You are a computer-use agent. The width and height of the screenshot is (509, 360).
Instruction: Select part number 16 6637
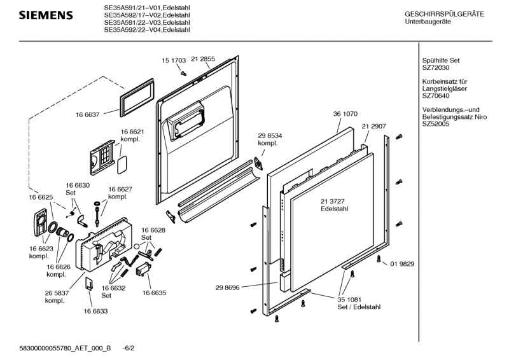pyautogui.click(x=88, y=115)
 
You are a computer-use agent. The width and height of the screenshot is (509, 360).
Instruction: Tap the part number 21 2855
pyautogui.click(x=203, y=59)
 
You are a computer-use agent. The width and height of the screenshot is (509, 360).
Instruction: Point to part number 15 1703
pyautogui.click(x=174, y=61)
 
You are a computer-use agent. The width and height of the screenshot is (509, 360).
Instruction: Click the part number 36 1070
pyautogui.click(x=345, y=114)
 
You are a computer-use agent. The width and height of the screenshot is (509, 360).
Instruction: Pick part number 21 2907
pyautogui.click(x=374, y=127)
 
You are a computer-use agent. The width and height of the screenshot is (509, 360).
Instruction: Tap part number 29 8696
pyautogui.click(x=227, y=288)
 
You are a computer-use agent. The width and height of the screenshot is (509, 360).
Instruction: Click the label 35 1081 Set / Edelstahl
pyautogui.click(x=359, y=303)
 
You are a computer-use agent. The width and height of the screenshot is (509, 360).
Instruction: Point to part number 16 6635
pyautogui.click(x=154, y=293)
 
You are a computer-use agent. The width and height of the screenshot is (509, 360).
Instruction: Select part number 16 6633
pyautogui.click(x=95, y=311)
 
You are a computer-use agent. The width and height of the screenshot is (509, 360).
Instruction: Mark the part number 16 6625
pyautogui.click(x=39, y=198)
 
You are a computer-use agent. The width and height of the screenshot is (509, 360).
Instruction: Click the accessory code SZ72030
pyautogui.click(x=436, y=67)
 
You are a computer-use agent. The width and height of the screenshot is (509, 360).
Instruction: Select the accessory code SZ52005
pyautogui.click(x=436, y=125)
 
